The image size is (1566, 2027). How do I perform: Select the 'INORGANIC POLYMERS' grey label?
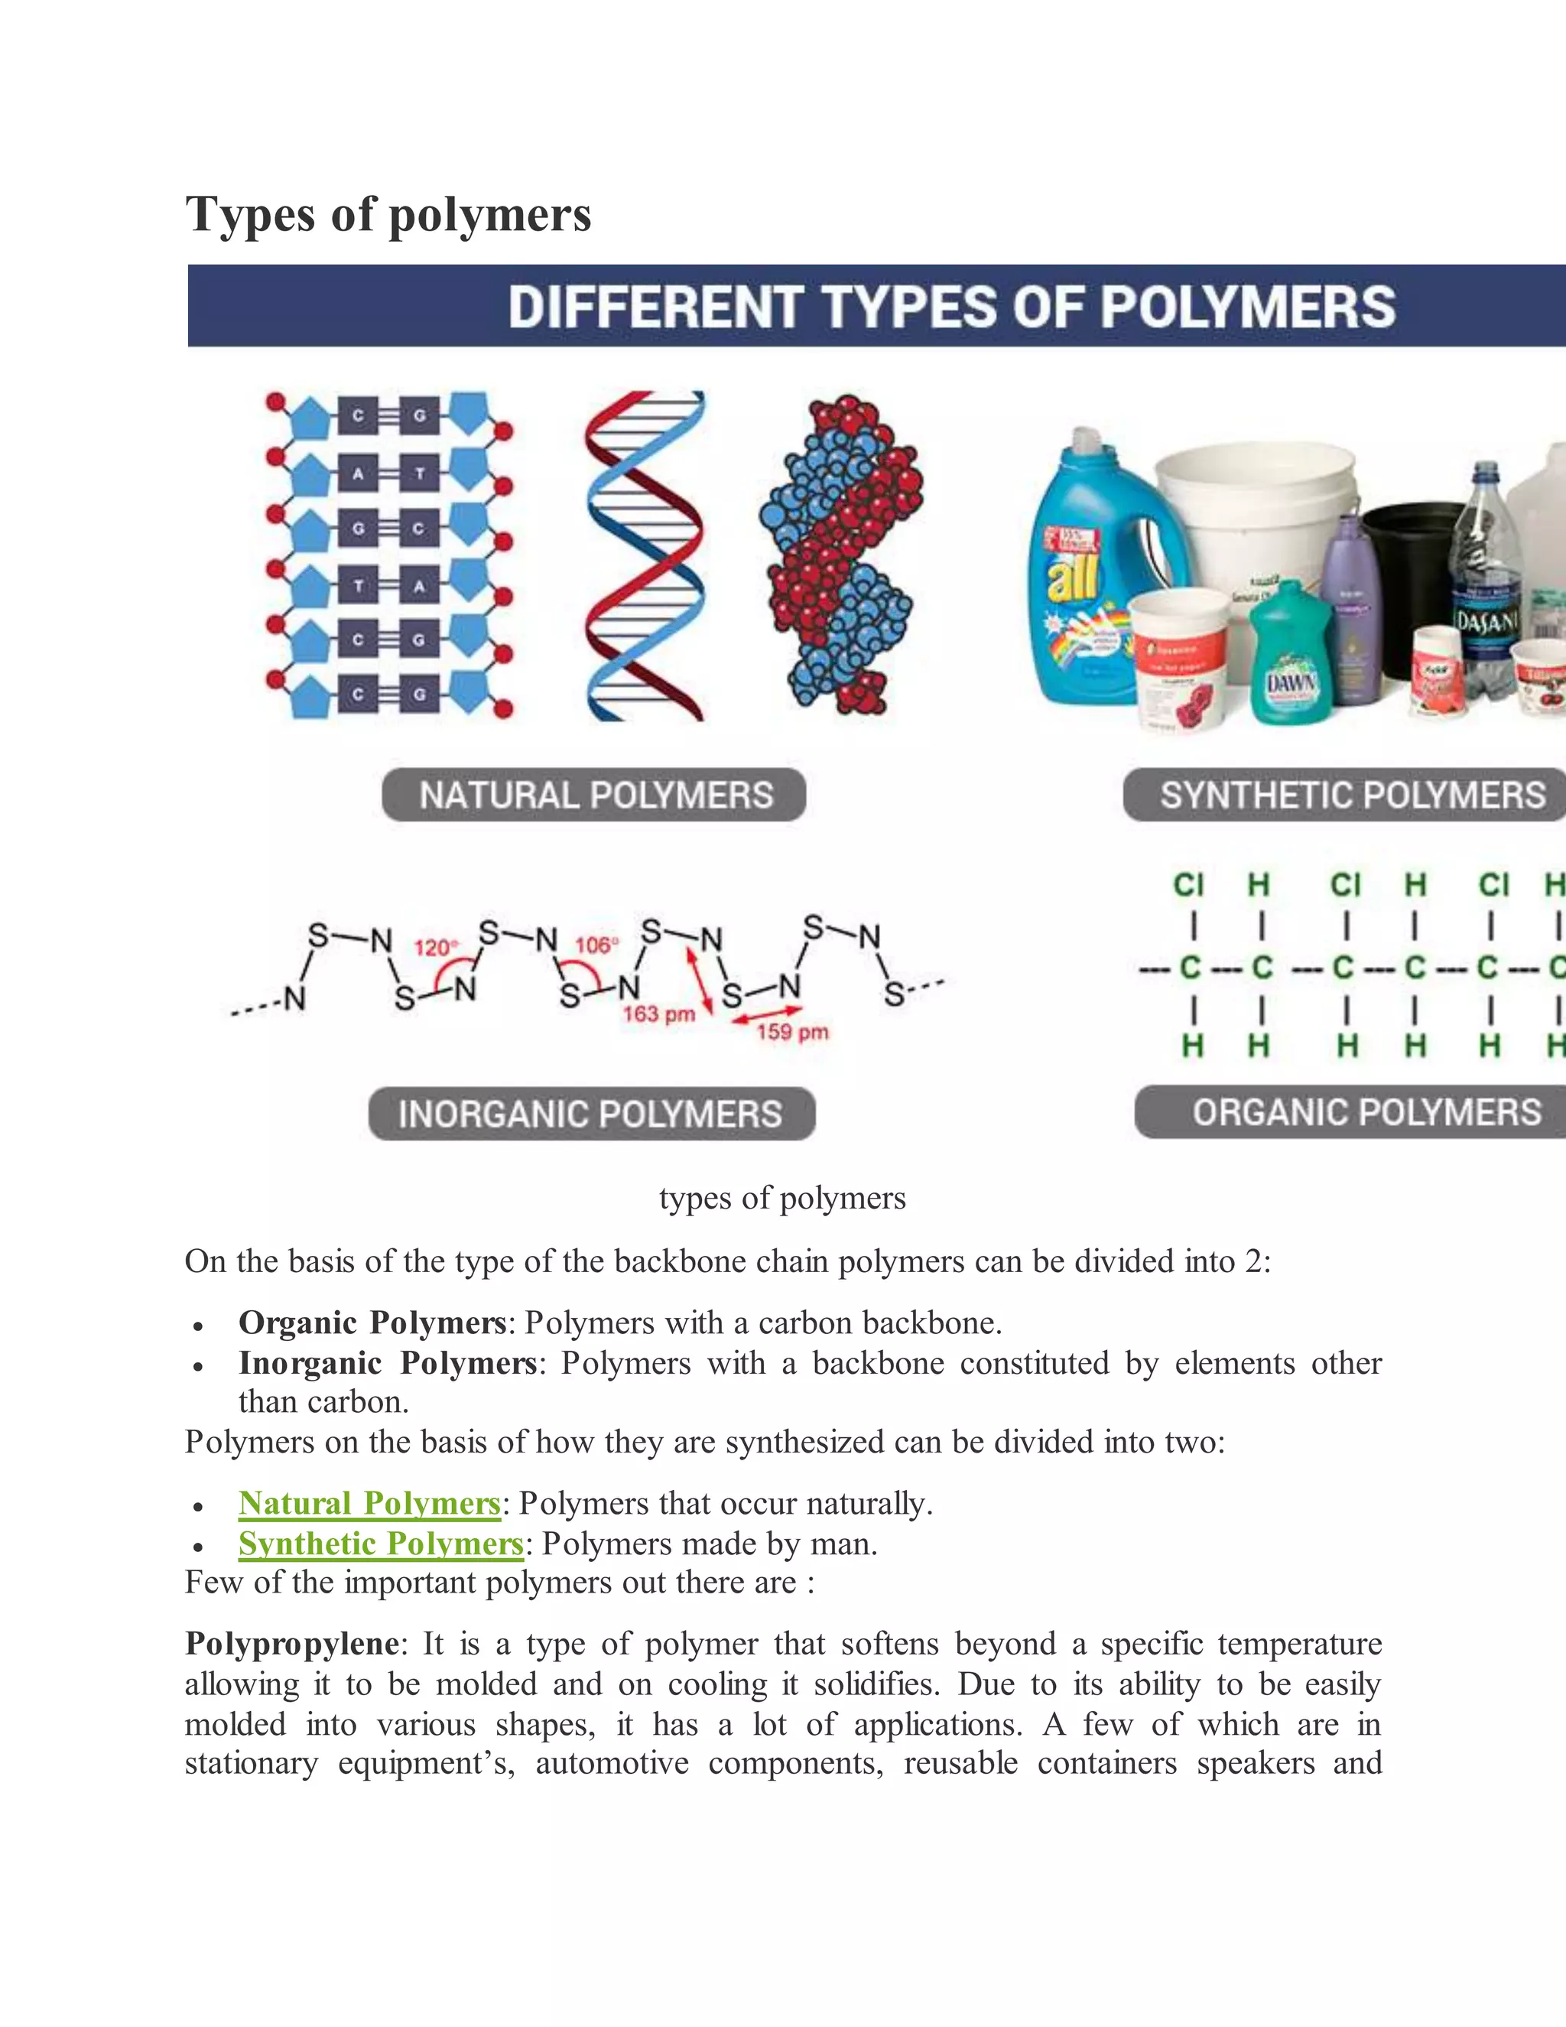pos(591,1114)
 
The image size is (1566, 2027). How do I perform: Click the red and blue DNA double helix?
pos(643,557)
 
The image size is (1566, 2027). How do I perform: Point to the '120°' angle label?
pos(435,948)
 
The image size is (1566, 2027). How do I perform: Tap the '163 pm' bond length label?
pos(658,1013)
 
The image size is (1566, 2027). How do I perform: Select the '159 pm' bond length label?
pos(792,1032)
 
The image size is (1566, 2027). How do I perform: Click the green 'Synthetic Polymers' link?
pos(380,1544)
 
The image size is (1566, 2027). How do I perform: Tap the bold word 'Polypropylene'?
pos(291,1644)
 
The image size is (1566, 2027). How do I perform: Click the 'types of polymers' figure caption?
pos(782,1198)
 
